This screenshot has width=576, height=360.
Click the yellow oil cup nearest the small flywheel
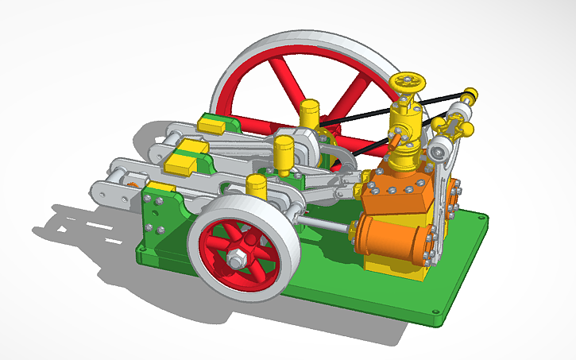(x=256, y=186)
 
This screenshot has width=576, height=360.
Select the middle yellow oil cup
(x=284, y=152)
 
